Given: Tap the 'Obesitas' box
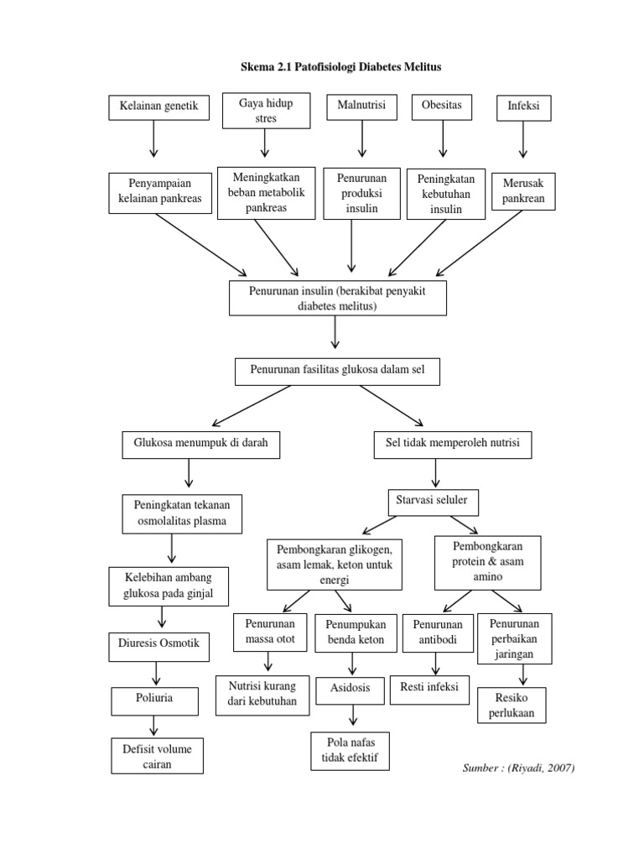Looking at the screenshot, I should (442, 107).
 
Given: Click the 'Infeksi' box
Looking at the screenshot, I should (523, 108).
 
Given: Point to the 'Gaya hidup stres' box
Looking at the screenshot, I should (265, 111).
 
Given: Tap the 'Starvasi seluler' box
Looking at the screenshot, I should (433, 501).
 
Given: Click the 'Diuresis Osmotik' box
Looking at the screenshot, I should (159, 647).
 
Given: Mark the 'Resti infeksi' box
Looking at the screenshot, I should (435, 688).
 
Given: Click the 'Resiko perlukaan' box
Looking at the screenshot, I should (512, 705).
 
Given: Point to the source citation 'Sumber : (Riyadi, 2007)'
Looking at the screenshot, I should (518, 768).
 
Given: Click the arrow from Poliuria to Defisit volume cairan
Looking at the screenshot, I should (153, 725).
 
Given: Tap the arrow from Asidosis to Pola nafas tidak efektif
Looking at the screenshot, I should (354, 716).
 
